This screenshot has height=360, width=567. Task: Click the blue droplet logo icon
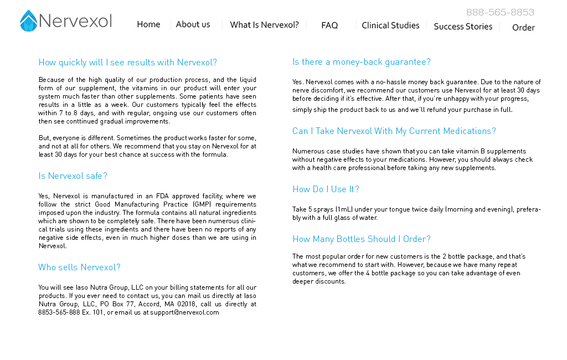tap(28, 21)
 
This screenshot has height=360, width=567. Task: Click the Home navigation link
tap(148, 24)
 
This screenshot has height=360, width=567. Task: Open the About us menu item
tap(193, 24)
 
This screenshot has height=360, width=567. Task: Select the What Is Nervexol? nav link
tap(264, 25)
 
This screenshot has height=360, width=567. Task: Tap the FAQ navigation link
tap(329, 25)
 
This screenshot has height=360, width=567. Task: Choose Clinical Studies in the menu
tap(390, 25)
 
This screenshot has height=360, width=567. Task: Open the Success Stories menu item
tap(463, 27)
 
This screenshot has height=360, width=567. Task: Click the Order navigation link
tap(523, 28)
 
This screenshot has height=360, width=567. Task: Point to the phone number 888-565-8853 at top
tap(500, 12)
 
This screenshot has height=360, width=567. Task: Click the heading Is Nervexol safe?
tap(73, 176)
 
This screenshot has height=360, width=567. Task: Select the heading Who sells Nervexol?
tap(79, 268)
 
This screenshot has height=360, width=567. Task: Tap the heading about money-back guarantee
tap(361, 62)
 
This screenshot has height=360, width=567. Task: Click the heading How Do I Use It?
tap(326, 189)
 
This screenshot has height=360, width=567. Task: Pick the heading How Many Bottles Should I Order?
tap(361, 239)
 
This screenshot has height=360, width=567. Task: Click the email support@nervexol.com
tap(184, 312)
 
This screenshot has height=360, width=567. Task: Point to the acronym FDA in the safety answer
tap(162, 196)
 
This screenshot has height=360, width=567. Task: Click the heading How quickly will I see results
tap(127, 63)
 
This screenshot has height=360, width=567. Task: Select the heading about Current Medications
tap(394, 131)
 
